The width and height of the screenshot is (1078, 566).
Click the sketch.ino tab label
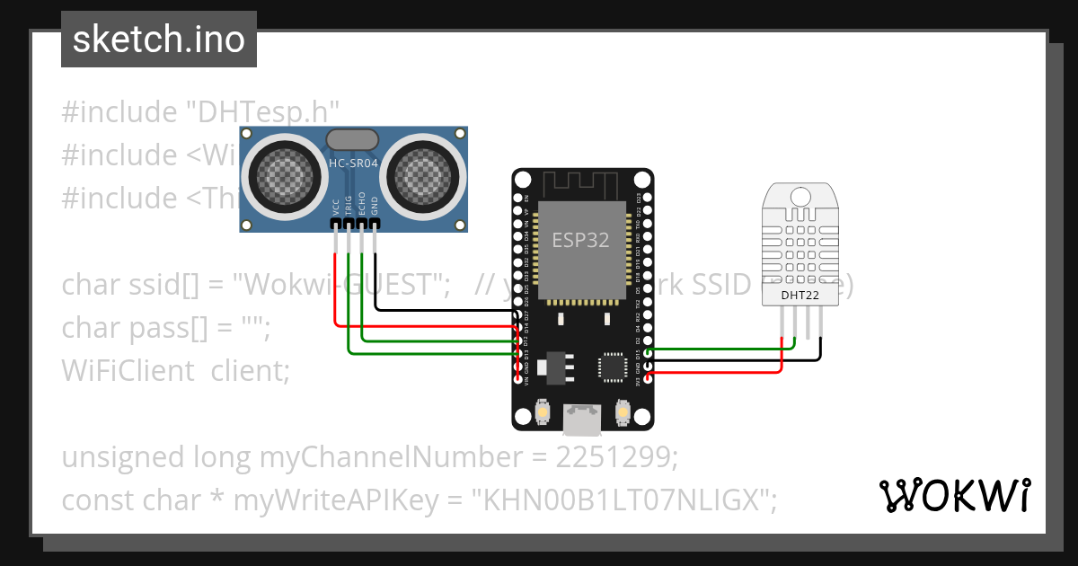tap(158, 40)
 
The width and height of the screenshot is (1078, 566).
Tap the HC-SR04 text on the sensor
tap(353, 164)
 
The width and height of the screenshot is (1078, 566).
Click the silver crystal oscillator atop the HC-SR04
tap(352, 139)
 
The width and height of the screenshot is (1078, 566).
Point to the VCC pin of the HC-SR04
tap(335, 223)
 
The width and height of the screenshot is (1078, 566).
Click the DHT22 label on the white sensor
tap(800, 294)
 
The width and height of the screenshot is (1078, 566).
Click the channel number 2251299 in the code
tap(613, 457)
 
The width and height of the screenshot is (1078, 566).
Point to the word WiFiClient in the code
tap(128, 370)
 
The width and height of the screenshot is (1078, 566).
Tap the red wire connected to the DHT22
tap(719, 370)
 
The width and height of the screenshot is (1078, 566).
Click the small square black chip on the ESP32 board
tap(614, 367)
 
